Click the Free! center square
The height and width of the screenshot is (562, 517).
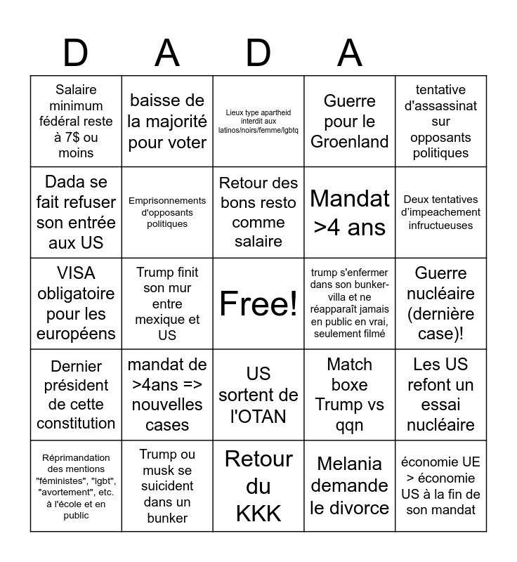(x=258, y=303)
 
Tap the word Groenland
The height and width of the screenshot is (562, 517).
(x=350, y=142)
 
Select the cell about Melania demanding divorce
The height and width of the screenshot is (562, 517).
(x=350, y=485)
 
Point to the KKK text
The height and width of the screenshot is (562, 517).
(x=258, y=513)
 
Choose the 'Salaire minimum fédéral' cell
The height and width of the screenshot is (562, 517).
(x=77, y=121)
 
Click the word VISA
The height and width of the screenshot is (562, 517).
(x=76, y=273)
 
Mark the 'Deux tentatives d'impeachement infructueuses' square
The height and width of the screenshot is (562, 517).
(x=441, y=212)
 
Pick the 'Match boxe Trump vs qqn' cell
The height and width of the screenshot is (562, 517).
(x=350, y=394)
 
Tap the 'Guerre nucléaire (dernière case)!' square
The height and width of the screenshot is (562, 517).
(x=441, y=303)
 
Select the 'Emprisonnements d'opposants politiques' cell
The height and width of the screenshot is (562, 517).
(x=167, y=212)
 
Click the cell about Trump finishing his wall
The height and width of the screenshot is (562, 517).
(x=167, y=303)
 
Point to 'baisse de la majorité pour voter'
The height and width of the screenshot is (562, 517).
(x=167, y=121)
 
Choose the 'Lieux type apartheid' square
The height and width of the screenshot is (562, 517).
(x=258, y=121)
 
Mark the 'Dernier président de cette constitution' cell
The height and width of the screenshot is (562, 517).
(x=77, y=394)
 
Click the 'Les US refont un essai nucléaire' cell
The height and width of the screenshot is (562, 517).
(x=441, y=394)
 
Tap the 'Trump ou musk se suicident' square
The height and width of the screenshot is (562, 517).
(x=167, y=485)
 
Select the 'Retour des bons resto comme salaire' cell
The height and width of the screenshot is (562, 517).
(x=258, y=212)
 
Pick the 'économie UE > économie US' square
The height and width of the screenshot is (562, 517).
(x=441, y=485)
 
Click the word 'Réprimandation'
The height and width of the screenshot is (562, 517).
(x=76, y=457)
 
